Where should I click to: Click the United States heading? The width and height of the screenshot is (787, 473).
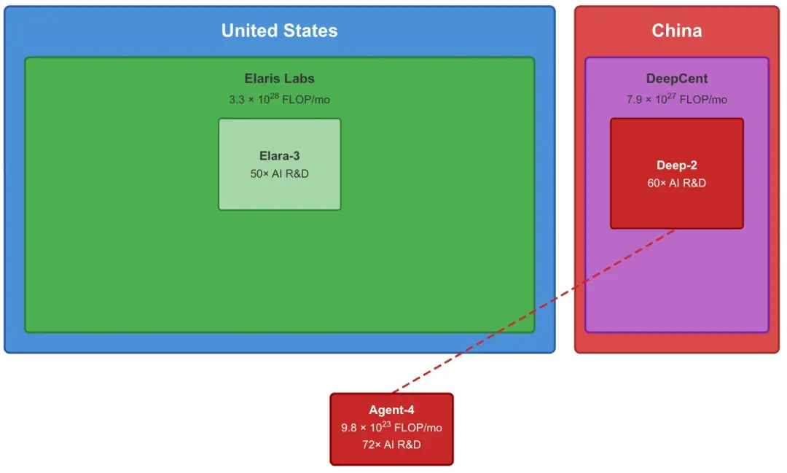tap(279, 31)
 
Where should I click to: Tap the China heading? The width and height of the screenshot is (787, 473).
tap(676, 31)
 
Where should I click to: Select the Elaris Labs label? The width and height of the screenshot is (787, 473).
tap(279, 79)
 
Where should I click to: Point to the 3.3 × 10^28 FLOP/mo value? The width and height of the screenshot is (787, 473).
tap(279, 99)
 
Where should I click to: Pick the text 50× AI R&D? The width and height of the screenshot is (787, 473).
tap(279, 173)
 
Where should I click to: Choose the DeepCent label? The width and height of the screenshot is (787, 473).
tap(676, 79)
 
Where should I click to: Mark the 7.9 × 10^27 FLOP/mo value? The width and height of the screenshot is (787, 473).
tap(676, 99)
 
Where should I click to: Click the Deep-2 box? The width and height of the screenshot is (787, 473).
tap(676, 208)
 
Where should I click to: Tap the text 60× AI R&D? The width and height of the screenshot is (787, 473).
tap(676, 183)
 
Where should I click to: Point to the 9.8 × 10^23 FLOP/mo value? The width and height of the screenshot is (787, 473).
tap(391, 428)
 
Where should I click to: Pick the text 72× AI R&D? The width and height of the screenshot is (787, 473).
tap(391, 445)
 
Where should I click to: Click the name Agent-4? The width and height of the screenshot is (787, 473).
tap(391, 410)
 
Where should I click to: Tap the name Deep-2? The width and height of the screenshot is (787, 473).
tap(676, 165)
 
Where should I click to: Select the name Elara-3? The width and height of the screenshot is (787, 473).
tap(279, 156)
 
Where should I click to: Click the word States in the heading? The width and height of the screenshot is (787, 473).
tap(310, 31)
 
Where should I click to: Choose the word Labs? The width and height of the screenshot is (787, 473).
tap(300, 79)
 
